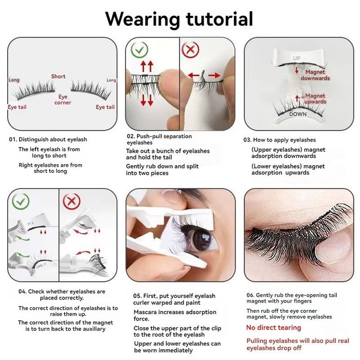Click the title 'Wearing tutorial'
(179, 20)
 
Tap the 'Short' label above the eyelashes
(58, 76)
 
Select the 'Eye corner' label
(63, 100)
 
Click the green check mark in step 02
(139, 49)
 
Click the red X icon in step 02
(190, 49)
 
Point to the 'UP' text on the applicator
(296, 58)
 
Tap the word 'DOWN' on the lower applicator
(298, 114)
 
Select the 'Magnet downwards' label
(315, 75)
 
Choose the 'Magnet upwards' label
(315, 99)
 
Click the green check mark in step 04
(21, 202)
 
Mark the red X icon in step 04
(71, 202)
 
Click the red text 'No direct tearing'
(274, 328)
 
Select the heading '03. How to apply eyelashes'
(280, 140)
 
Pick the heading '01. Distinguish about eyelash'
(48, 139)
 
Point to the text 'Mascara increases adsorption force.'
(175, 315)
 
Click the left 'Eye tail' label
(17, 107)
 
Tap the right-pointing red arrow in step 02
(214, 75)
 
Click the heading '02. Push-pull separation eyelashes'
(159, 139)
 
